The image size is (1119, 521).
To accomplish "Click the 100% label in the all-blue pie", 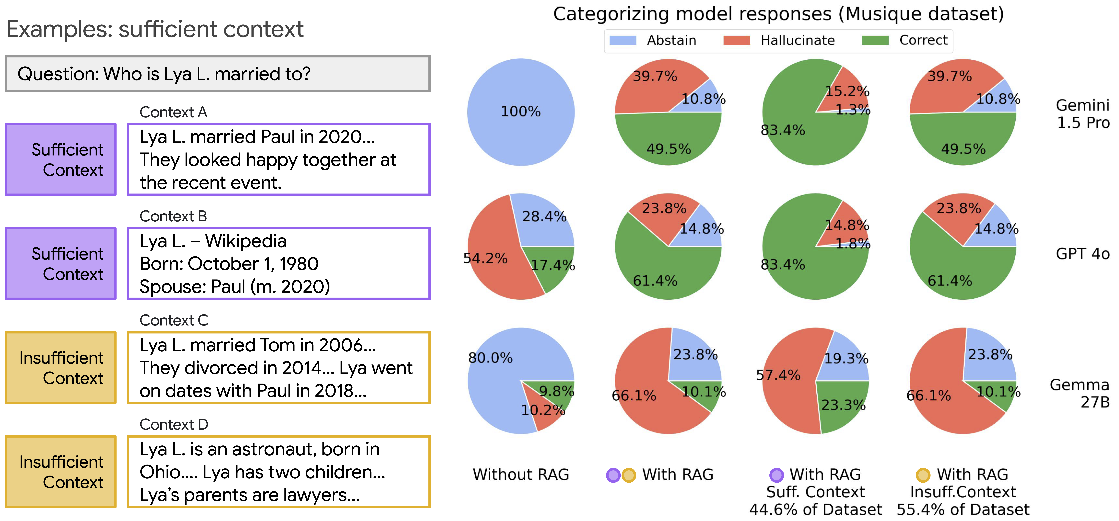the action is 521,112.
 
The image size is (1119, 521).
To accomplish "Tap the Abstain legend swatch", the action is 623,40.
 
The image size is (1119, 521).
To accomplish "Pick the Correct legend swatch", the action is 875,40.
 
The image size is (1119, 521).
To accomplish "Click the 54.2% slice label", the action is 485,258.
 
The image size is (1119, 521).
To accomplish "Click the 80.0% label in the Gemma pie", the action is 490,358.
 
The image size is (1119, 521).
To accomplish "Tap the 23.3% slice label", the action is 843,405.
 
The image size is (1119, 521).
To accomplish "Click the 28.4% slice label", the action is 544,216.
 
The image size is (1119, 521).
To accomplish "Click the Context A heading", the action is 173,112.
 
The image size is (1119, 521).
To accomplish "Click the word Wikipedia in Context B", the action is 246,241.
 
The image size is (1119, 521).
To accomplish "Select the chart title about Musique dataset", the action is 778,14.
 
